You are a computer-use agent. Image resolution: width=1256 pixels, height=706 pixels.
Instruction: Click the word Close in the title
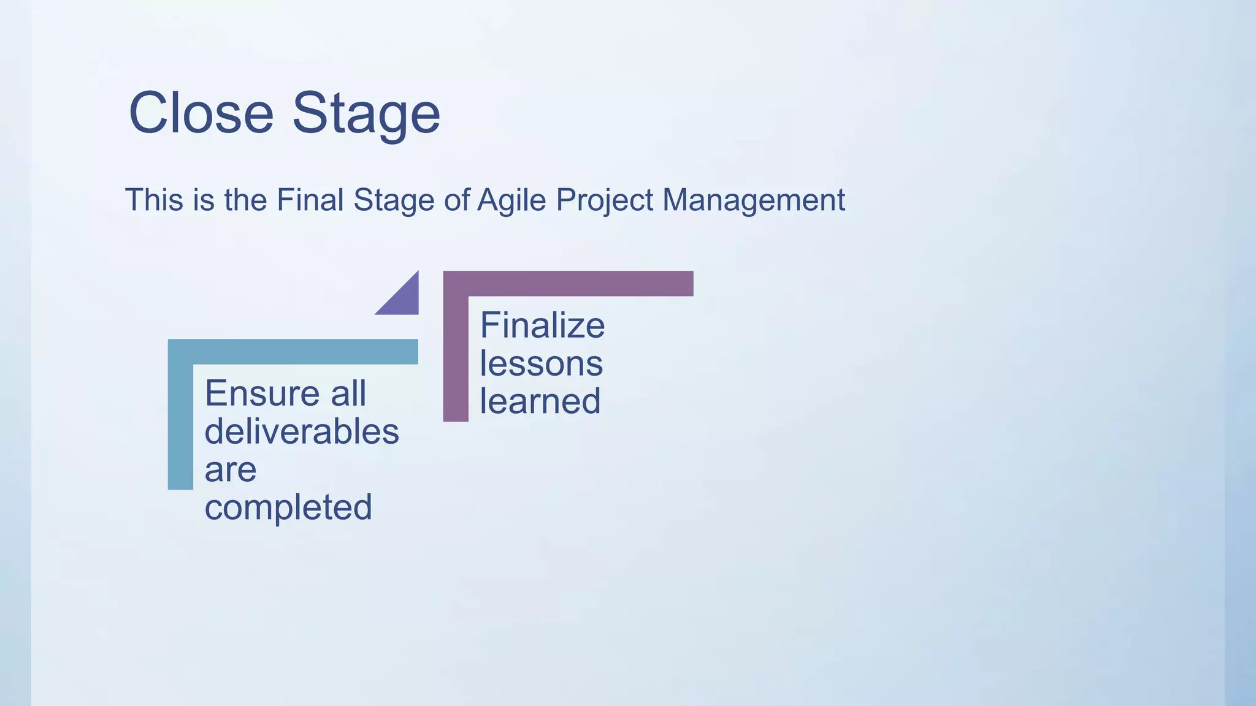pyautogui.click(x=201, y=113)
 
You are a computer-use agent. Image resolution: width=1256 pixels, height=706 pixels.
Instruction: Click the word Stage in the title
pyautogui.click(x=366, y=115)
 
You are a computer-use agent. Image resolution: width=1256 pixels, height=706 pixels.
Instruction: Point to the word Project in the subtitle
pyautogui.click(x=605, y=201)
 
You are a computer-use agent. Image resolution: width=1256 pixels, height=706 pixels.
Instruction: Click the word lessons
pyautogui.click(x=541, y=363)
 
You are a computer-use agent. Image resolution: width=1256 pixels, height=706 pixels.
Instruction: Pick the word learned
pyautogui.click(x=540, y=401)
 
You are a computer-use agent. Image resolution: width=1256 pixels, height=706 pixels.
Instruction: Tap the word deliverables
pyautogui.click(x=302, y=431)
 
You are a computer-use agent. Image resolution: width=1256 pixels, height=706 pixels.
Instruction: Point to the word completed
pyautogui.click(x=288, y=508)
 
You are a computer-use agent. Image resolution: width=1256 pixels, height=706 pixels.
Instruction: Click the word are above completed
pyautogui.click(x=230, y=470)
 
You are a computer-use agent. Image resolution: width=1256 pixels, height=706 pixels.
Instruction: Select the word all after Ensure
pyautogui.click(x=348, y=393)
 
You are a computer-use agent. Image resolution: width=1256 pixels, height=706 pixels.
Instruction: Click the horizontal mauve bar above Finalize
pyautogui.click(x=568, y=284)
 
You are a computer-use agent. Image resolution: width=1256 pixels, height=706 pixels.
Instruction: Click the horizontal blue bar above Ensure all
pyautogui.click(x=293, y=352)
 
